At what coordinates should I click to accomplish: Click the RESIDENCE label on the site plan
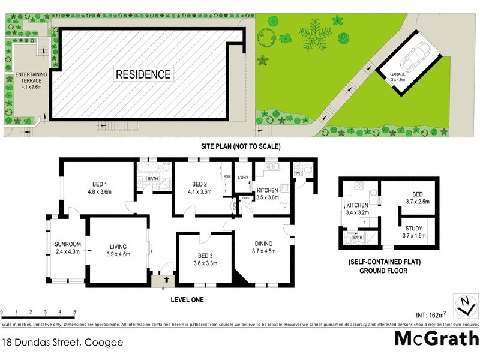click(143, 75)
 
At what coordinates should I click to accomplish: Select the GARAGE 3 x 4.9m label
click(389, 76)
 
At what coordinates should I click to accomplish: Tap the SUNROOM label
click(67, 248)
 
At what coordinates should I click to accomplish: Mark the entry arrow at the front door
click(165, 280)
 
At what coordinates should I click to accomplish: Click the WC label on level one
click(298, 174)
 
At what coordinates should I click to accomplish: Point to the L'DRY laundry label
click(243, 178)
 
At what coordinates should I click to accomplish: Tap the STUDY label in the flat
click(413, 232)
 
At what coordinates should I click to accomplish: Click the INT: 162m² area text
click(430, 314)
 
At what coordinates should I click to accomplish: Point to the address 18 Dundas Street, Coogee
click(62, 343)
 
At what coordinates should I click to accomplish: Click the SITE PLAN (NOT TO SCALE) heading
click(241, 146)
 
